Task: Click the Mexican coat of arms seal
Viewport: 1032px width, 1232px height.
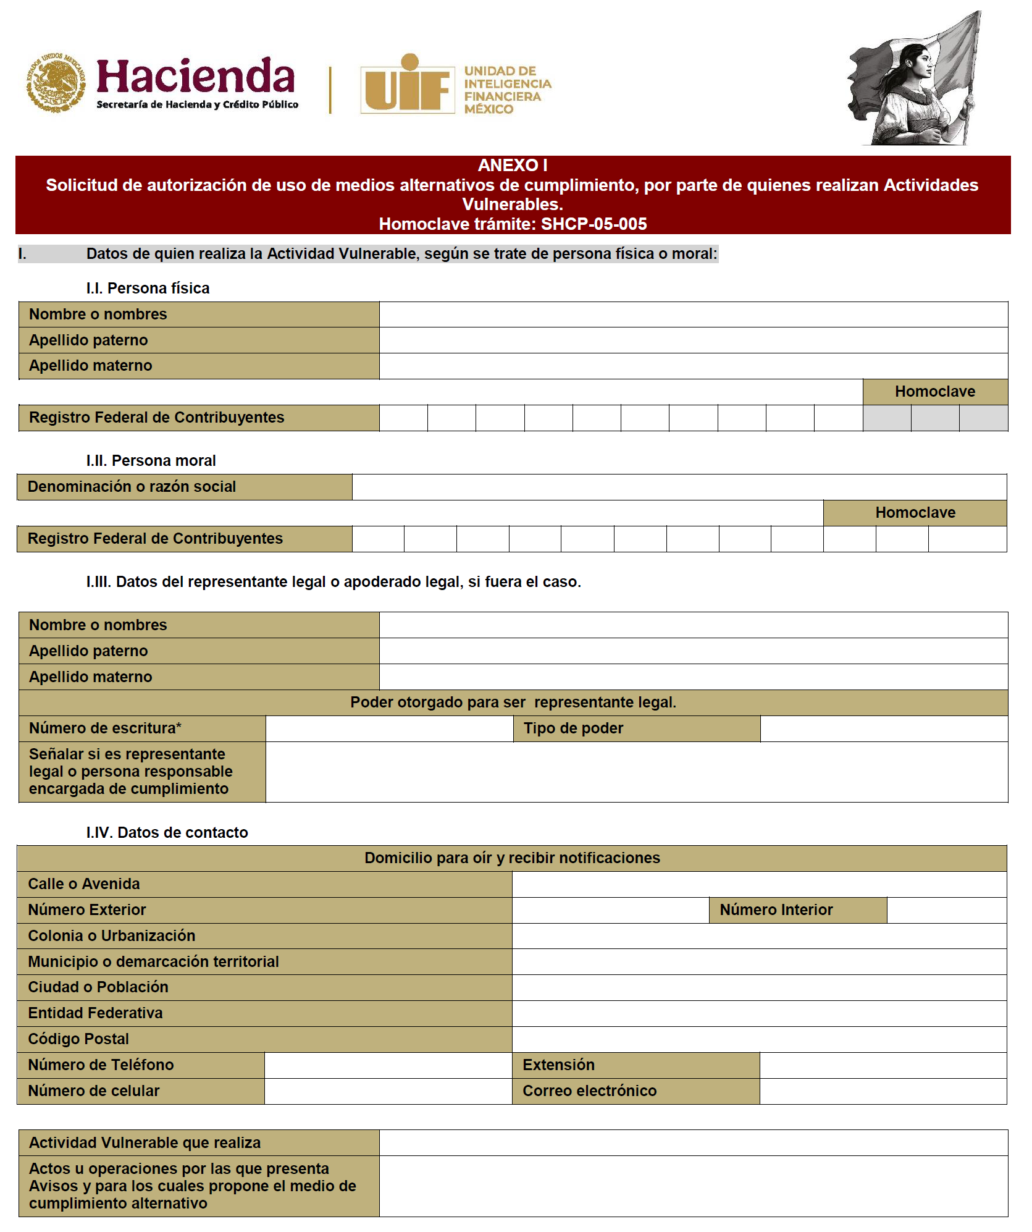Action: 56,83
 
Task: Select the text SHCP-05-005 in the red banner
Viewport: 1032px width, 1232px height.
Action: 594,224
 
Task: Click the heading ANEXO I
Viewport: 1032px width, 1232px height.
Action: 513,165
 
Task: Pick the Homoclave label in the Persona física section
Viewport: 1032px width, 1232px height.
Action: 934,392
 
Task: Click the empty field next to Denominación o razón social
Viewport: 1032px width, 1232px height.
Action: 679,487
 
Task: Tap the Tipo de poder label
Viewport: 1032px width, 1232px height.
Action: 573,728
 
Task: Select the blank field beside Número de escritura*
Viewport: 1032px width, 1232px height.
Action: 389,728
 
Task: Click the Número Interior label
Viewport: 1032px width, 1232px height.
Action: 776,910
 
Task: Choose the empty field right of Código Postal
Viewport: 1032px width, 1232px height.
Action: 759,1039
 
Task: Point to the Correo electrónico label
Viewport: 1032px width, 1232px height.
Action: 589,1091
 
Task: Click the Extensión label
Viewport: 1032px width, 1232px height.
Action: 558,1065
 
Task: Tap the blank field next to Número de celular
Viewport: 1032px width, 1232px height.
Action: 388,1091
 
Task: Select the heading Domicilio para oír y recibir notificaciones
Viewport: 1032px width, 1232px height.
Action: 512,858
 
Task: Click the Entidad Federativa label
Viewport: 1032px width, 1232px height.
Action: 96,1013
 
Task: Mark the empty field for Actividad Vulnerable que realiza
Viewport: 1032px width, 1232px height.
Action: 693,1143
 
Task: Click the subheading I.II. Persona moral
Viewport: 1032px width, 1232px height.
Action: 151,461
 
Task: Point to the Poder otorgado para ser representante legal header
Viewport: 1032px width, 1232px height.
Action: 513,702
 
